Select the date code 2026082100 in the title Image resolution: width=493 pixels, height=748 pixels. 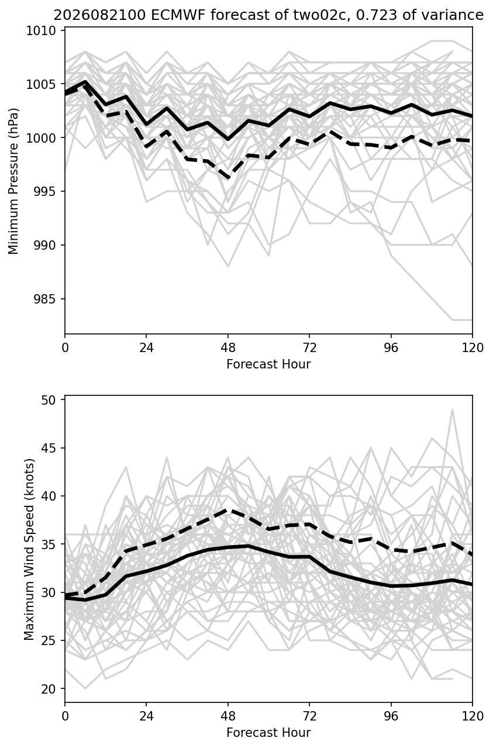100,15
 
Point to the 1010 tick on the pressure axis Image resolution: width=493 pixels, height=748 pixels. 41,31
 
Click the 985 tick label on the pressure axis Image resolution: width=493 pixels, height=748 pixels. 45,299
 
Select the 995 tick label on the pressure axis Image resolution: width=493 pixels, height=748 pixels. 45,192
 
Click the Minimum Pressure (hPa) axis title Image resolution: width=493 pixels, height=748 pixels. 13,181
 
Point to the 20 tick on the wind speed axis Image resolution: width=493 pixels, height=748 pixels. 49,688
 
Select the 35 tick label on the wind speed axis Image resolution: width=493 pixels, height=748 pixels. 49,544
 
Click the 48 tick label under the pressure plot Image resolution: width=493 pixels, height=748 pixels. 228,348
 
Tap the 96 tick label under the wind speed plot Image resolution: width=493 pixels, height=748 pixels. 391,716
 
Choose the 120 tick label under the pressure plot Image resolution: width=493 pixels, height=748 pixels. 473,348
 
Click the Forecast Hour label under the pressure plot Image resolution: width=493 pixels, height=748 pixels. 268,364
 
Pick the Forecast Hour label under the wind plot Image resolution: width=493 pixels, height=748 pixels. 268,733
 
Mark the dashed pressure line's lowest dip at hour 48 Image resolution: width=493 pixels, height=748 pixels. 228,178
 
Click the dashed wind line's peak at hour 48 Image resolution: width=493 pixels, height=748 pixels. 228,510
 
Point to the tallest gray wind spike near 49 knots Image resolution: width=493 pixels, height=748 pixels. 452,409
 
